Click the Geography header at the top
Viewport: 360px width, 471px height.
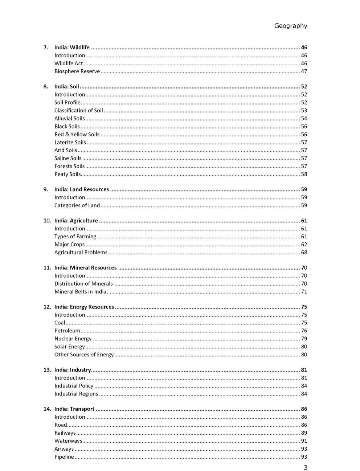click(290, 26)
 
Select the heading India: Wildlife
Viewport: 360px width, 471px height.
click(72, 48)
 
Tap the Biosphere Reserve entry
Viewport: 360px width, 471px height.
click(77, 71)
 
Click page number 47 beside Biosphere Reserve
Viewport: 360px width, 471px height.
click(304, 71)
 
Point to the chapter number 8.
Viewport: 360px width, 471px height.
click(45, 87)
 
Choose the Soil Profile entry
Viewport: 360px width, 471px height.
click(67, 103)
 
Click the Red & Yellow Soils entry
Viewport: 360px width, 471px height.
click(77, 135)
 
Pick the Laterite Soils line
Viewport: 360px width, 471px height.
click(70, 143)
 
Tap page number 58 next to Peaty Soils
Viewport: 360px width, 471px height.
click(304, 174)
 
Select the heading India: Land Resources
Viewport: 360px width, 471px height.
click(82, 189)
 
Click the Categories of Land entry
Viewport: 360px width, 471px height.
click(77, 205)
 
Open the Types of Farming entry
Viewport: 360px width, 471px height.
click(75, 237)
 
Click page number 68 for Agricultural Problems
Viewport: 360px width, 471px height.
click(304, 253)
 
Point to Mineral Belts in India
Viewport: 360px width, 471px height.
click(80, 292)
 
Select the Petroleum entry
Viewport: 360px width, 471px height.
click(67, 331)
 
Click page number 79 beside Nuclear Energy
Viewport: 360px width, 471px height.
click(304, 339)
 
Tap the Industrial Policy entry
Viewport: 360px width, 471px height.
click(74, 386)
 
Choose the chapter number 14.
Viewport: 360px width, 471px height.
click(47, 409)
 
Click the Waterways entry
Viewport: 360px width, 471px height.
click(68, 441)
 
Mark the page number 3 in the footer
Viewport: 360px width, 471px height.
click(305, 467)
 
